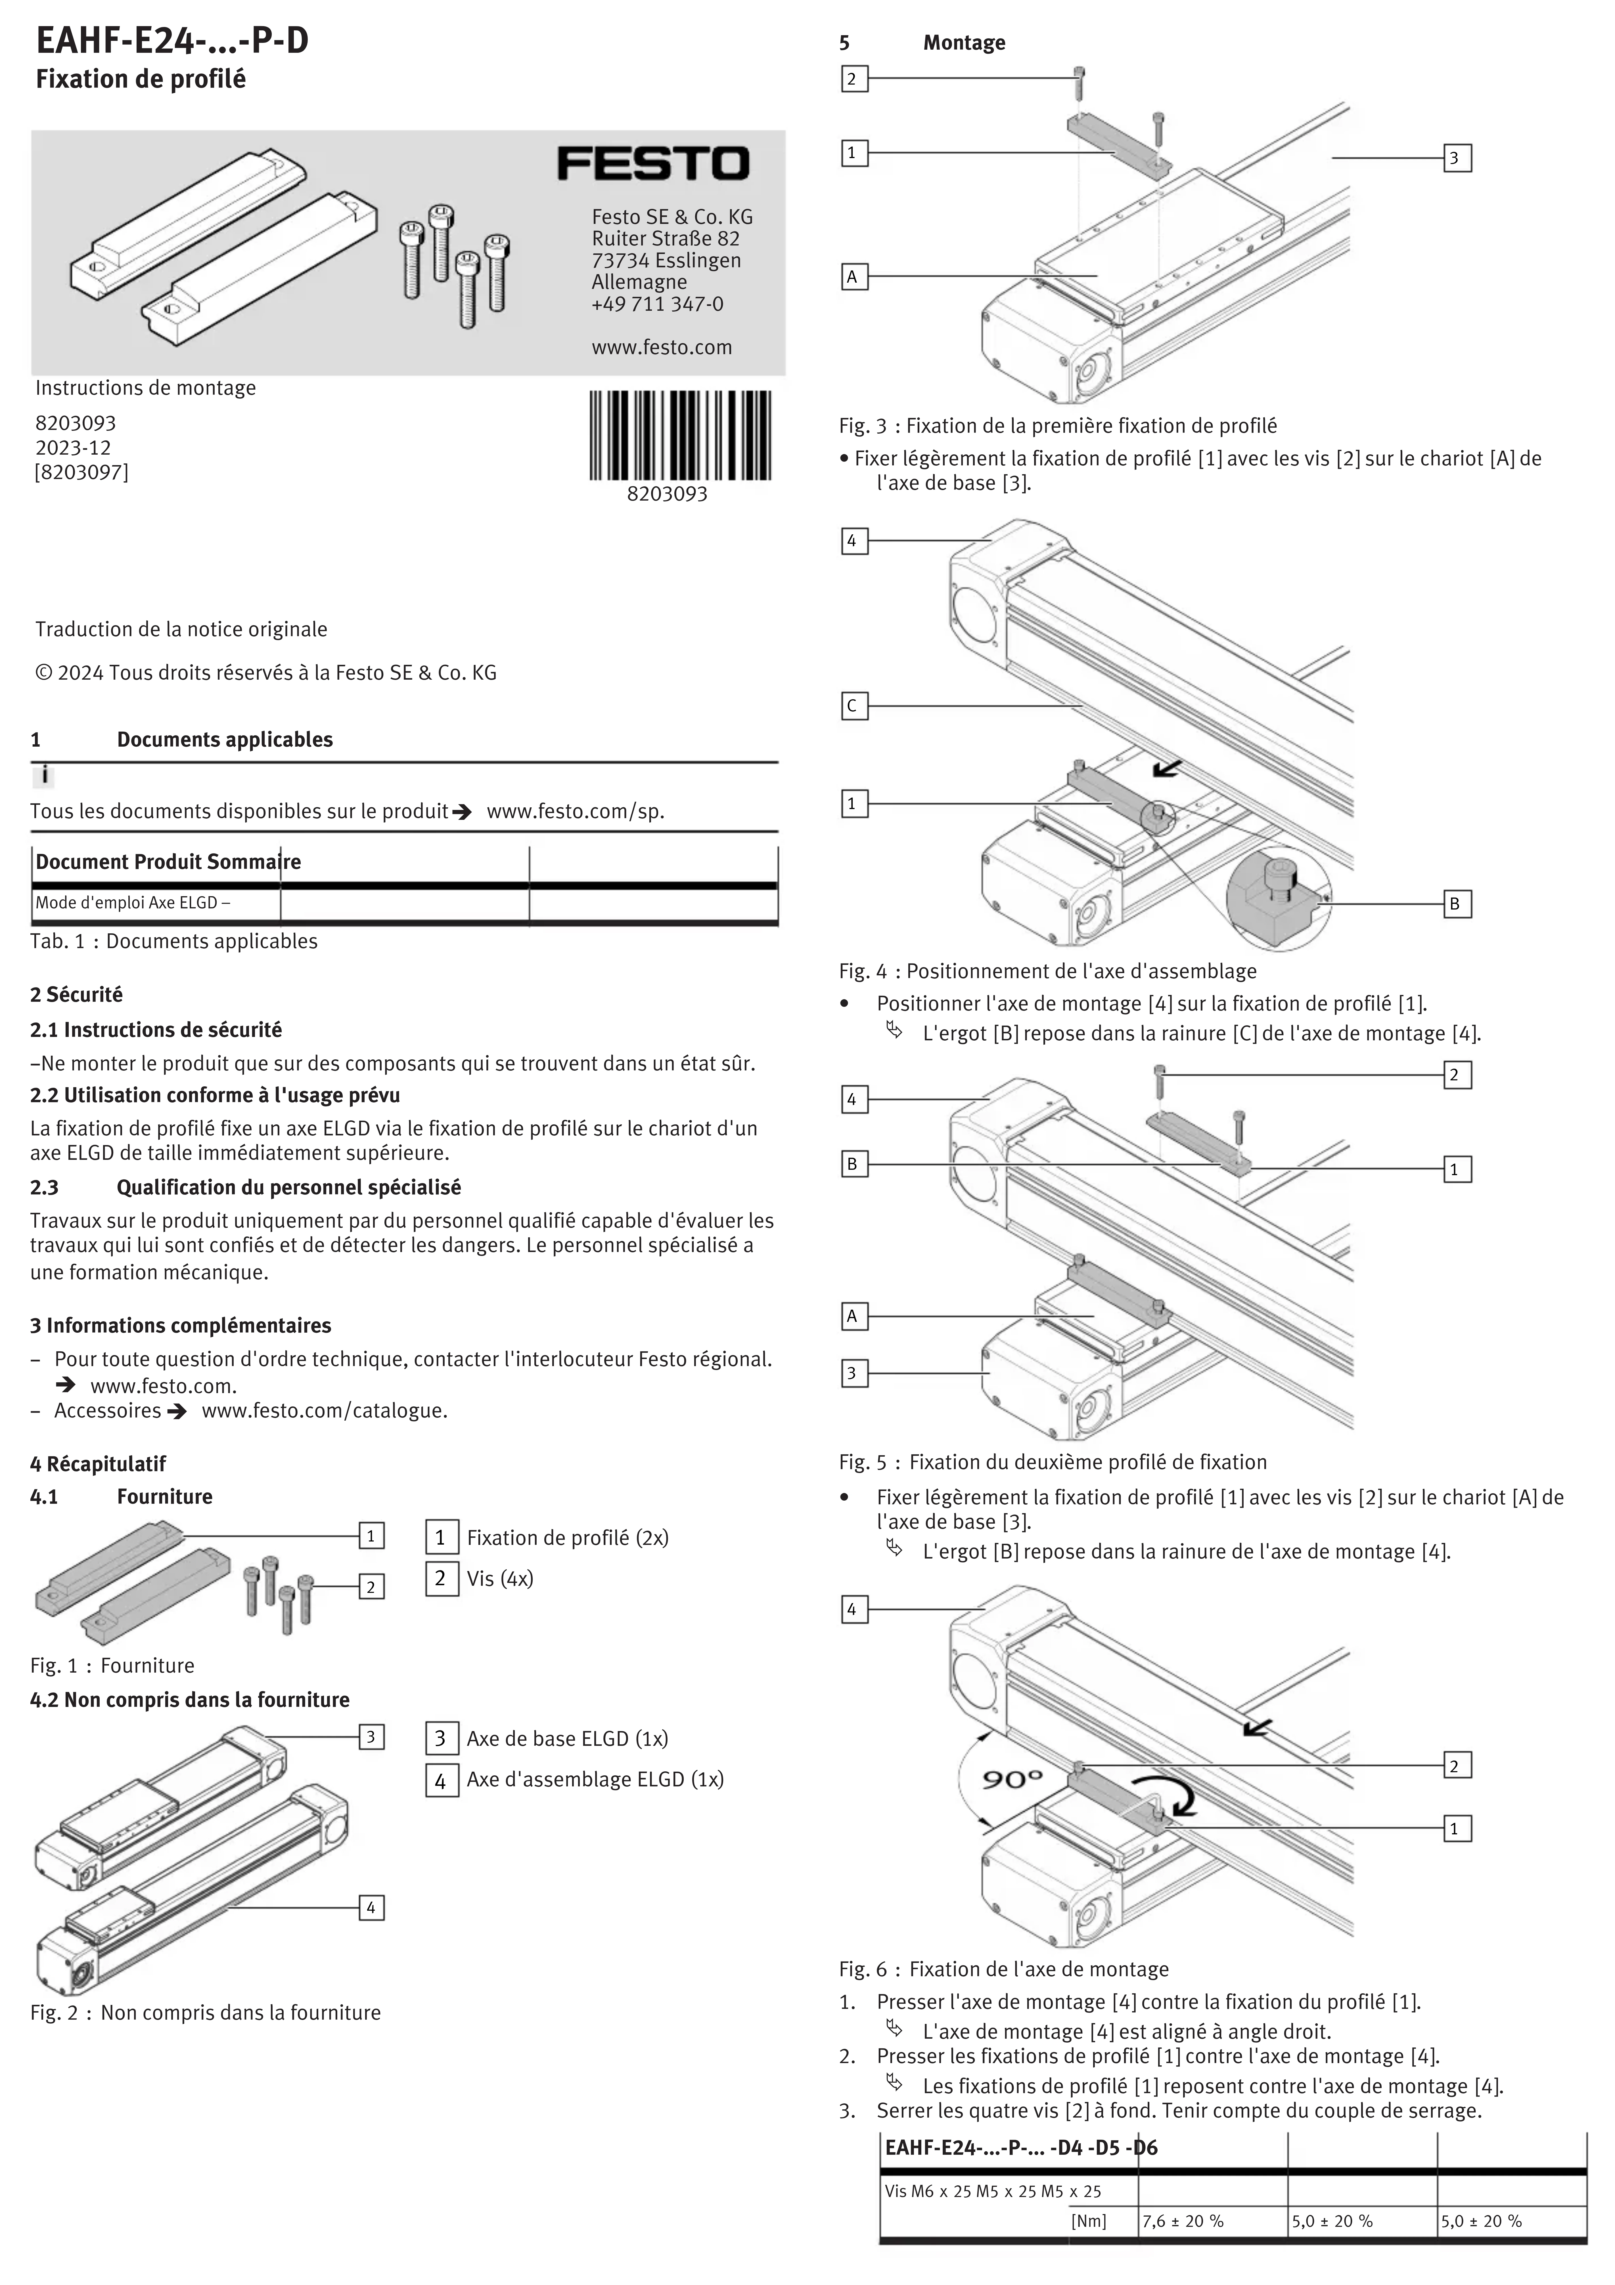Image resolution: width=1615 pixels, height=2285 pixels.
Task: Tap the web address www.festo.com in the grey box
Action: click(661, 347)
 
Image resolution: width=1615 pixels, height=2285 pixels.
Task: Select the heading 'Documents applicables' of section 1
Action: click(224, 740)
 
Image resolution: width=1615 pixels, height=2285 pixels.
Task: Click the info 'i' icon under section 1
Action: click(44, 775)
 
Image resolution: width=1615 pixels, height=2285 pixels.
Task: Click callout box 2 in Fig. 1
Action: click(371, 1586)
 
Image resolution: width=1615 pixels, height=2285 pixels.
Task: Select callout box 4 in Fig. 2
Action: click(371, 1908)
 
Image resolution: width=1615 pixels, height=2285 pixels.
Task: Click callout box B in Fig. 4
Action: click(1455, 904)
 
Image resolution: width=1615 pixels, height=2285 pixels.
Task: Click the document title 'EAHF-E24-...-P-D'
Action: click(172, 41)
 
